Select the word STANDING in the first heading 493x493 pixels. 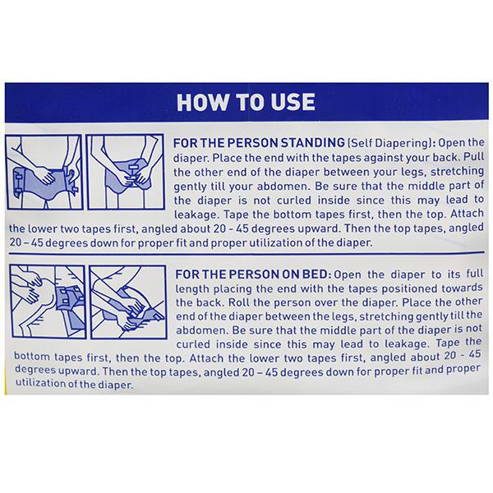(312, 143)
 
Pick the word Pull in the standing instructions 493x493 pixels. (474, 157)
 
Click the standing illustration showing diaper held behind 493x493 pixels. (44, 172)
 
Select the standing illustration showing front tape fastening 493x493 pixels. (126, 172)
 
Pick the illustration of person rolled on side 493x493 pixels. (48, 302)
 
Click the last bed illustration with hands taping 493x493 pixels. (128, 302)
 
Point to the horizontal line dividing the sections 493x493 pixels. (246, 253)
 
